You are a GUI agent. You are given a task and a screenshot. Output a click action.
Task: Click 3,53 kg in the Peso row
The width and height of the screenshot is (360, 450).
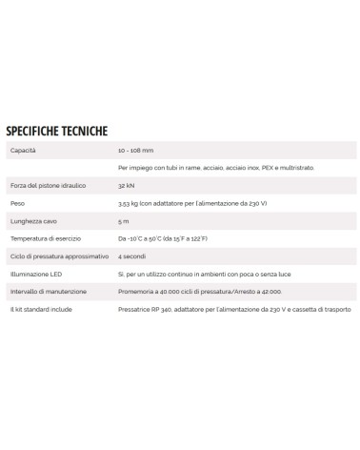pos(131,203)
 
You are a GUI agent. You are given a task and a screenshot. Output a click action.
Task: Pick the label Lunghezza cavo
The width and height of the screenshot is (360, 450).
pos(31,220)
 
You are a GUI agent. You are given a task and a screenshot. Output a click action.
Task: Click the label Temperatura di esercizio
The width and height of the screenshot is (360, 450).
pos(41,237)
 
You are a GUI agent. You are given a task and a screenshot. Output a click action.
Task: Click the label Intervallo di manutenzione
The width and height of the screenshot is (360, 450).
pos(46,289)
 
